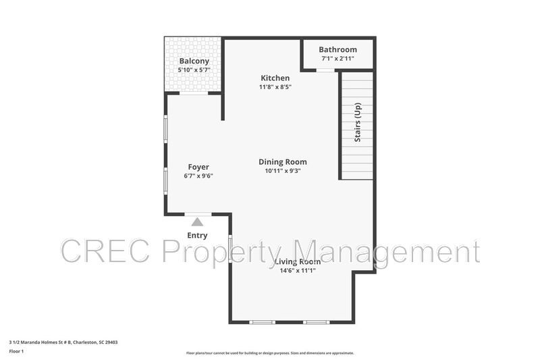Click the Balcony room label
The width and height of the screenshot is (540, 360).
click(x=194, y=61)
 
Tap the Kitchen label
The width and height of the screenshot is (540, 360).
click(x=275, y=78)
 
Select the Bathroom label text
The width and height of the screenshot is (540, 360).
click(x=337, y=49)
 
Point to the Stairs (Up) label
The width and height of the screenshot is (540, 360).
click(x=358, y=122)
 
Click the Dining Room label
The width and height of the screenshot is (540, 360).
click(x=283, y=161)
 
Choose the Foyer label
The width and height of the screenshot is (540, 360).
click(x=198, y=167)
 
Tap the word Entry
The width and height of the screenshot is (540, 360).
click(x=197, y=236)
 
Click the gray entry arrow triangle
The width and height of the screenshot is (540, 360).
click(x=197, y=222)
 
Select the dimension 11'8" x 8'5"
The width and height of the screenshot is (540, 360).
click(x=275, y=87)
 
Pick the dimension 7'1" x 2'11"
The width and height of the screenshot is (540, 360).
click(x=337, y=59)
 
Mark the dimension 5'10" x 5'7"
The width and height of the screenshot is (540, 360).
click(x=194, y=70)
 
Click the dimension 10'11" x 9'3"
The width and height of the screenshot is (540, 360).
click(x=283, y=171)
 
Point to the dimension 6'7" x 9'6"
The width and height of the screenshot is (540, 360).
click(x=198, y=176)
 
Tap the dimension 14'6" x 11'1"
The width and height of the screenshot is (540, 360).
click(x=297, y=270)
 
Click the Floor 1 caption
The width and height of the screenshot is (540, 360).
click(x=16, y=351)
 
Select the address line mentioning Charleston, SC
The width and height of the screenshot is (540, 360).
click(x=63, y=342)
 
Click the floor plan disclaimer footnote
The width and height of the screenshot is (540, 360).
click(x=270, y=353)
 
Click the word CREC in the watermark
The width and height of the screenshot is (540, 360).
click(x=108, y=251)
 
